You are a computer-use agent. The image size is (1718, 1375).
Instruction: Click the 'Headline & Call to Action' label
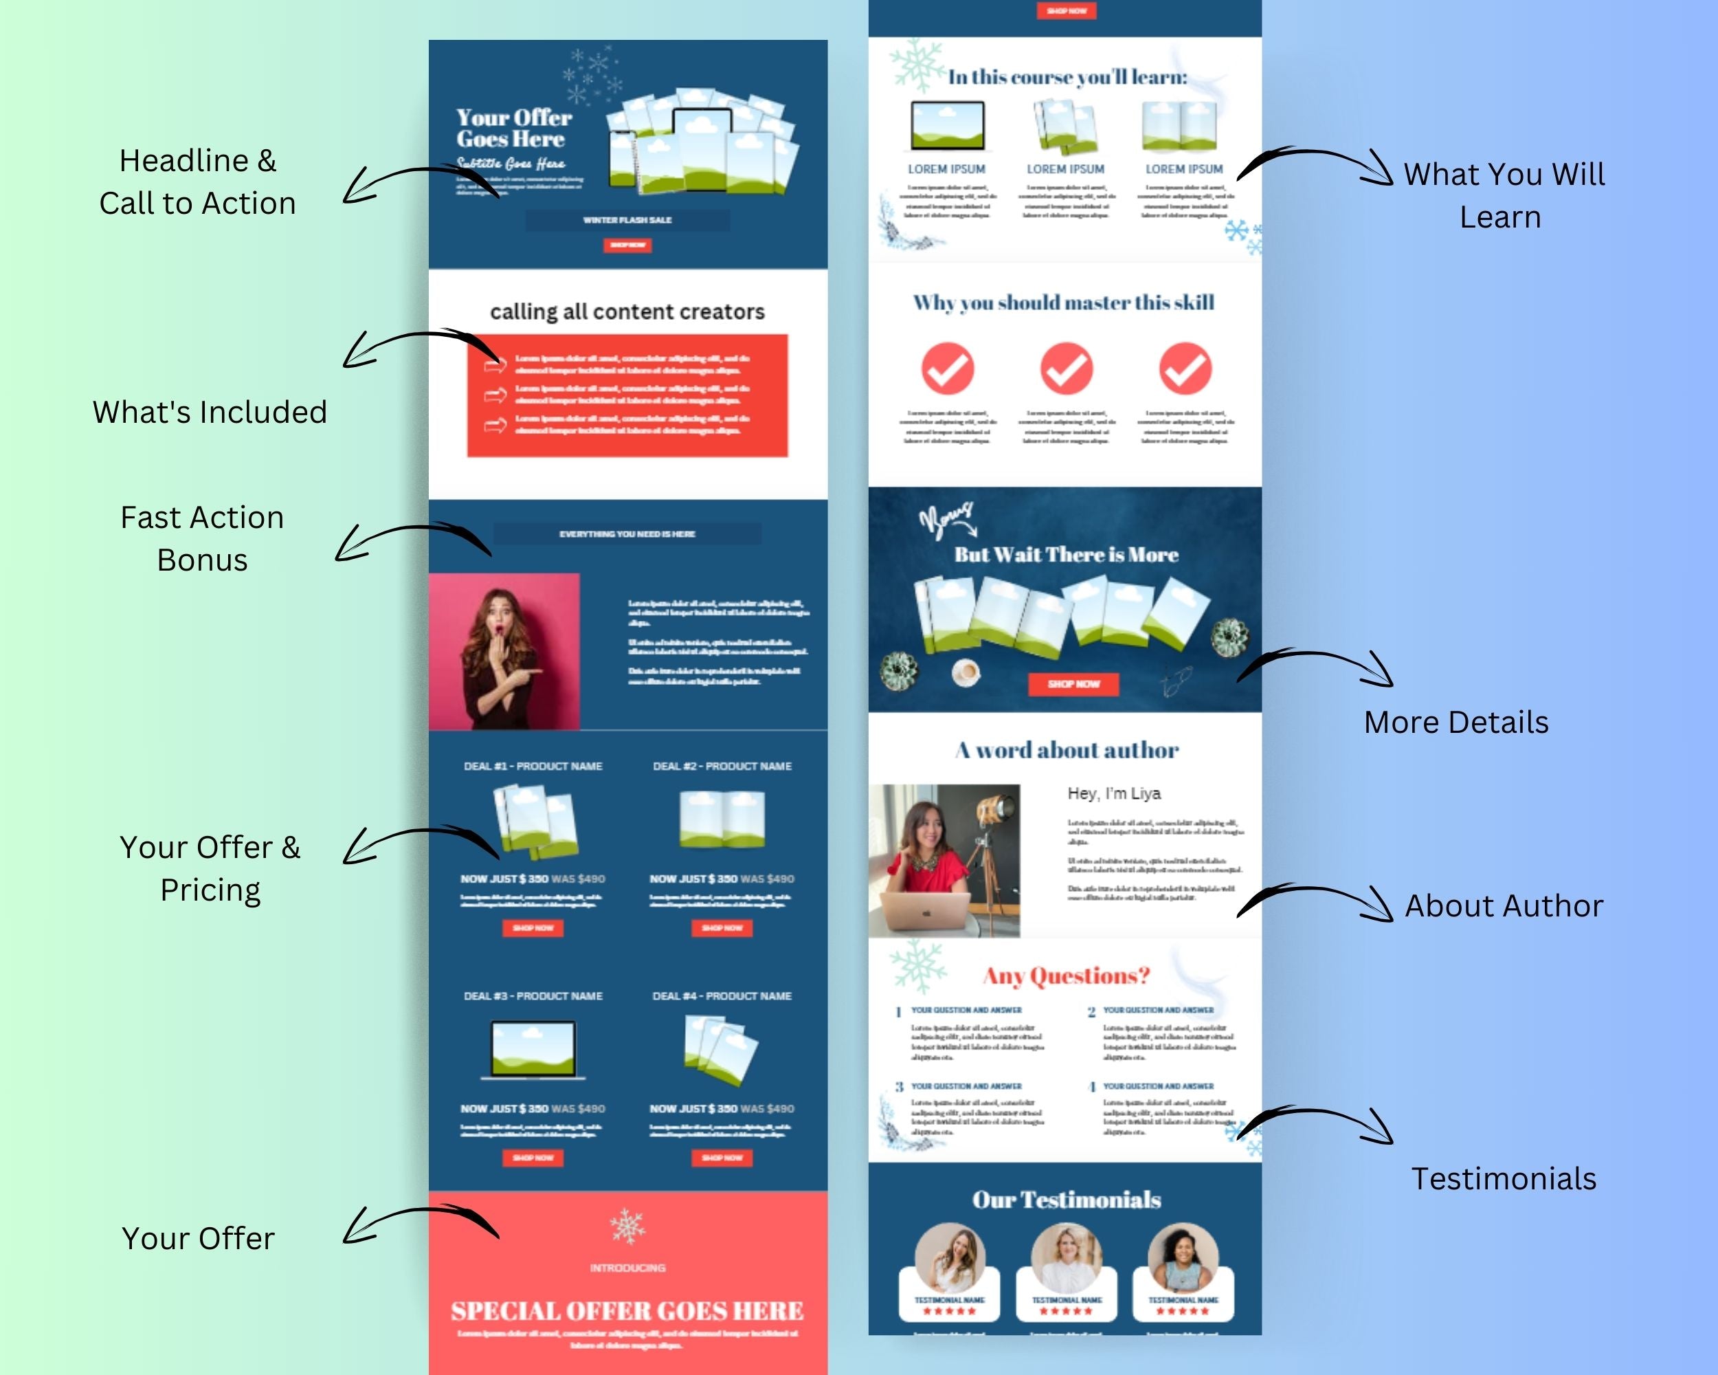tap(198, 181)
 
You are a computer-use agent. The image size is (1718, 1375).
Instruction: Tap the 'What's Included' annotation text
tap(210, 412)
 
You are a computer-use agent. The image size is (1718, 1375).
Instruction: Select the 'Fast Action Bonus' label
tap(203, 538)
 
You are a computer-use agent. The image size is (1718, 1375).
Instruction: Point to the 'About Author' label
tap(1504, 905)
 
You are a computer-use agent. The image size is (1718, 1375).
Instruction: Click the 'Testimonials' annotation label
tap(1504, 1179)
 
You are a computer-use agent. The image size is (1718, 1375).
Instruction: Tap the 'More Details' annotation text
tap(1456, 722)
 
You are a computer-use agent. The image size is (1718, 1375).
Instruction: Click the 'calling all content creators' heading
tap(627, 311)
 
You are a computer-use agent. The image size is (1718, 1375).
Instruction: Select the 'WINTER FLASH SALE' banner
tap(627, 220)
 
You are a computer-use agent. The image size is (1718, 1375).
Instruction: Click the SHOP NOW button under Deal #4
tap(722, 1157)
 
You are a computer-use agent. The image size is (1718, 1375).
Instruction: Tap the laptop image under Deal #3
tap(533, 1050)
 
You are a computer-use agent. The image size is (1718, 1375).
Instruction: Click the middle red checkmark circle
tap(1066, 368)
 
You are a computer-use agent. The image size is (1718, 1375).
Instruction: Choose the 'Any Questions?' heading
tap(1066, 976)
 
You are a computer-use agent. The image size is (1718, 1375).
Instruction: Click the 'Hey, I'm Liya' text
tap(1114, 793)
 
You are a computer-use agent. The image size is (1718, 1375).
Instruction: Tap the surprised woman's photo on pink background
tap(504, 651)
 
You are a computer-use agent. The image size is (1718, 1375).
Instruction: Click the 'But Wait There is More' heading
tap(1066, 555)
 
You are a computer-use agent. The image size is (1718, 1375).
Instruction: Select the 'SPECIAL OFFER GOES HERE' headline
tap(627, 1311)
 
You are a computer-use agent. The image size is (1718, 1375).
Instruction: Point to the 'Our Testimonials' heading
tap(1066, 1200)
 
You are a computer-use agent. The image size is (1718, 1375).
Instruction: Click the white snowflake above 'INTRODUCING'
tap(628, 1226)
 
